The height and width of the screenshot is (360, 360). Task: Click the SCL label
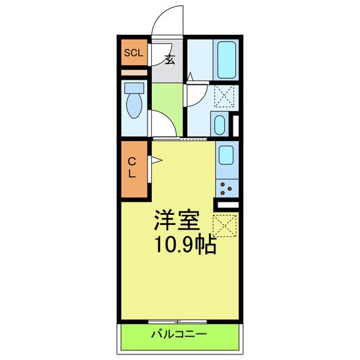tap(134, 53)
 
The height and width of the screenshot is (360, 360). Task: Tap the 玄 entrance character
tap(169, 59)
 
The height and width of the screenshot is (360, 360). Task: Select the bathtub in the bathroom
tap(227, 58)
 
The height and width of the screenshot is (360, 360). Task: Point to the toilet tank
tap(133, 88)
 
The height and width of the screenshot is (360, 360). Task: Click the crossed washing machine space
tap(227, 95)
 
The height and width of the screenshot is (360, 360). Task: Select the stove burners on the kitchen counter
tap(228, 188)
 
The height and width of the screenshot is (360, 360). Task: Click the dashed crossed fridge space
tap(227, 225)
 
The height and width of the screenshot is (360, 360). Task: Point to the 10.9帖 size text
tap(186, 244)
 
